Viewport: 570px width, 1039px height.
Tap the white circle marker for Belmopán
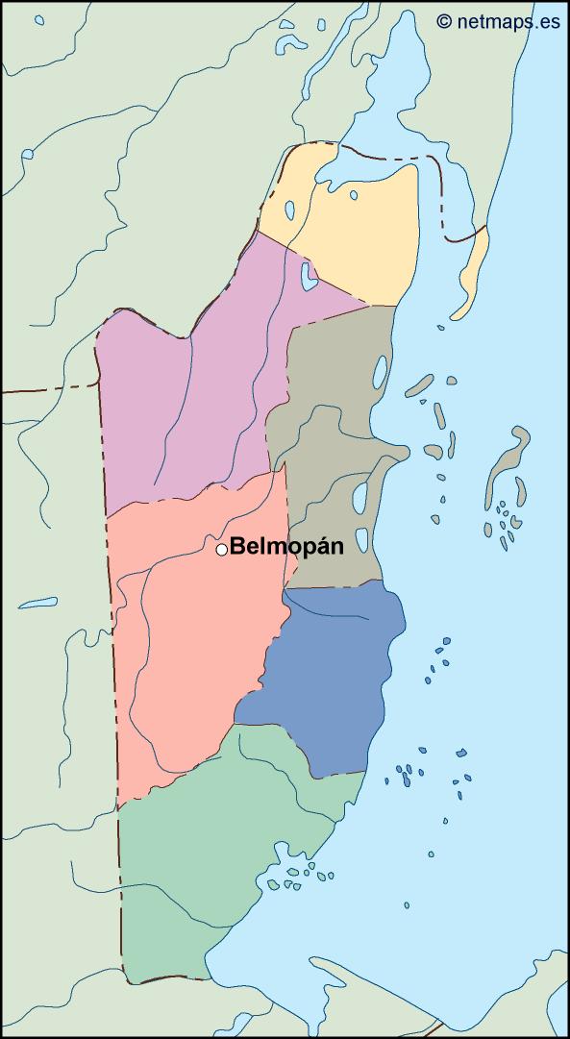click(x=221, y=549)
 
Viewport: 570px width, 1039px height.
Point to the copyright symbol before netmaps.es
click(x=443, y=20)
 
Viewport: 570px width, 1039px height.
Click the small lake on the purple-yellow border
click(x=308, y=277)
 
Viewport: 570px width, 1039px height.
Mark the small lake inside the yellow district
click(x=354, y=196)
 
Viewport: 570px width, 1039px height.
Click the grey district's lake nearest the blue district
click(x=362, y=541)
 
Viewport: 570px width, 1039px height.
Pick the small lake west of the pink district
click(x=38, y=605)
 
